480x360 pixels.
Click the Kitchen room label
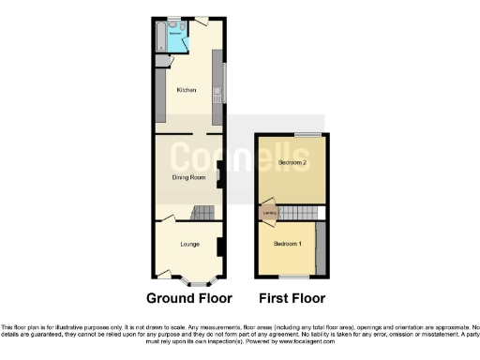click(186, 91)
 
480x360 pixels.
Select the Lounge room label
click(190, 243)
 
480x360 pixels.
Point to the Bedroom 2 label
click(292, 163)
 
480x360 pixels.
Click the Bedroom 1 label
click(287, 244)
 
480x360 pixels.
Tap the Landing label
click(269, 214)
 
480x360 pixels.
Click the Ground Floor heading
click(188, 299)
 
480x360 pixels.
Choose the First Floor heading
click(292, 299)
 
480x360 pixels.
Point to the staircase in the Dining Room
click(203, 215)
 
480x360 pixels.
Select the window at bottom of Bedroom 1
click(294, 277)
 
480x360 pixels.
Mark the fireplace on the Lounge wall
click(218, 247)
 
